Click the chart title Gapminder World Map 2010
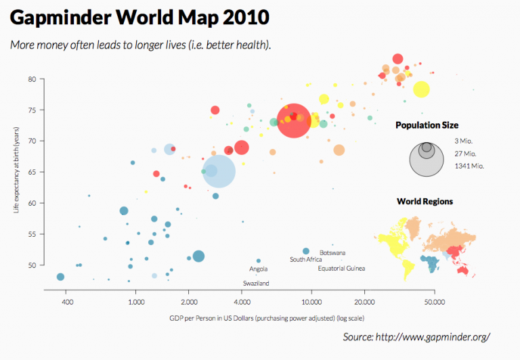point(139,16)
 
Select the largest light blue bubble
point(219,171)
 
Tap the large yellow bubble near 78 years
point(421,89)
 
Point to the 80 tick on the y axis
point(32,79)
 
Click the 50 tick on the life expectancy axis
point(32,265)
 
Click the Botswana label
point(332,252)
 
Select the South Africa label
point(305,260)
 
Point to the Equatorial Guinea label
point(341,269)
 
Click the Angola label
point(258,269)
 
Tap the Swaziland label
point(256,283)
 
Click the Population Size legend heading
point(427,125)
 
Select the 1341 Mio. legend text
point(469,166)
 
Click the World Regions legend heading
point(425,202)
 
